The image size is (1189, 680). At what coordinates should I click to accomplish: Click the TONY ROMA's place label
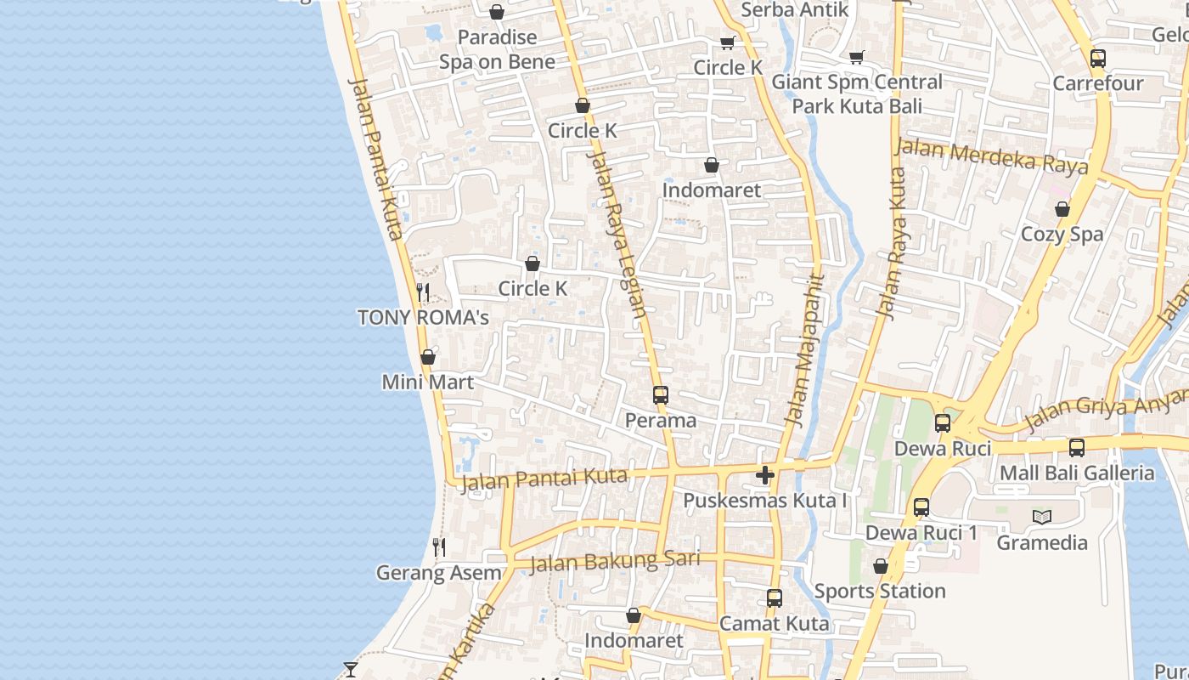pyautogui.click(x=423, y=318)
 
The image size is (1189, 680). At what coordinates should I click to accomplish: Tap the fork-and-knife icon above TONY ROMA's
pyautogui.click(x=423, y=293)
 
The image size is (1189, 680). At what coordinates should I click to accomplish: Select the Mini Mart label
pyautogui.click(x=427, y=382)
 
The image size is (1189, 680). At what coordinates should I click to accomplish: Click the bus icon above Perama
pyautogui.click(x=661, y=395)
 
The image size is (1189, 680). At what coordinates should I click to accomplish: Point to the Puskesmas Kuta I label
pyautogui.click(x=765, y=501)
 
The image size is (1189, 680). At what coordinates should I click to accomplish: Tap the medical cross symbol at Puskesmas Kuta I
pyautogui.click(x=765, y=475)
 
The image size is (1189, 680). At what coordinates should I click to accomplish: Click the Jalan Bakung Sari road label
pyautogui.click(x=615, y=561)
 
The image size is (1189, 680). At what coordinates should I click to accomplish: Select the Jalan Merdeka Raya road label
pyautogui.click(x=992, y=157)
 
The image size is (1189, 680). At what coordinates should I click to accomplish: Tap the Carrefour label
pyautogui.click(x=1098, y=83)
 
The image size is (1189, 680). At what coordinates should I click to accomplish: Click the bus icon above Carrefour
pyautogui.click(x=1098, y=59)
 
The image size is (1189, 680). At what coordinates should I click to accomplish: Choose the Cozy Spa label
pyautogui.click(x=1062, y=234)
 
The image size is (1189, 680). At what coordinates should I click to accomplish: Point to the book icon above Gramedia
pyautogui.click(x=1042, y=517)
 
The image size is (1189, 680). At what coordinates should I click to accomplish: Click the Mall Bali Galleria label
pyautogui.click(x=1077, y=473)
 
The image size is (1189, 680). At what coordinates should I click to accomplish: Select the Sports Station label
pyautogui.click(x=880, y=591)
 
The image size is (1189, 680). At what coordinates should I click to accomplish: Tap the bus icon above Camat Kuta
pyautogui.click(x=775, y=598)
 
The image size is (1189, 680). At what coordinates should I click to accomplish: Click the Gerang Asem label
pyautogui.click(x=438, y=573)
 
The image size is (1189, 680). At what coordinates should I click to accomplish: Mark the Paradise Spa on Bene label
pyautogui.click(x=497, y=49)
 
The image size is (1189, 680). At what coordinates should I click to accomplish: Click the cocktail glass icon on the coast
pyautogui.click(x=350, y=670)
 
